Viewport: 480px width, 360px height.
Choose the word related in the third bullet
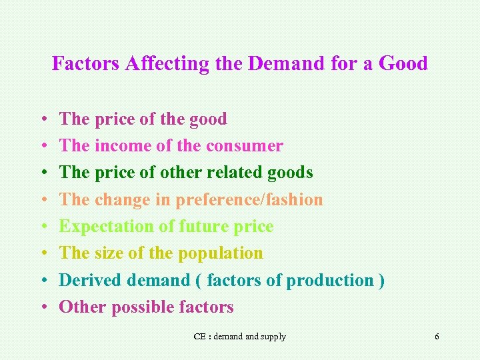238,173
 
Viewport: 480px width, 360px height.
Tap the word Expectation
107,227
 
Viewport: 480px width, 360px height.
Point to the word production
331,281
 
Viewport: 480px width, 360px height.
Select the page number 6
437,337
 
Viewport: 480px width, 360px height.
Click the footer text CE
199,337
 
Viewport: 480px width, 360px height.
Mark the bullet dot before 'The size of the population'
43,254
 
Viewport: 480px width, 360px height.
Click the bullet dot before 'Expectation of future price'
43,227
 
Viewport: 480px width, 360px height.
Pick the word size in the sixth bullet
109,254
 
